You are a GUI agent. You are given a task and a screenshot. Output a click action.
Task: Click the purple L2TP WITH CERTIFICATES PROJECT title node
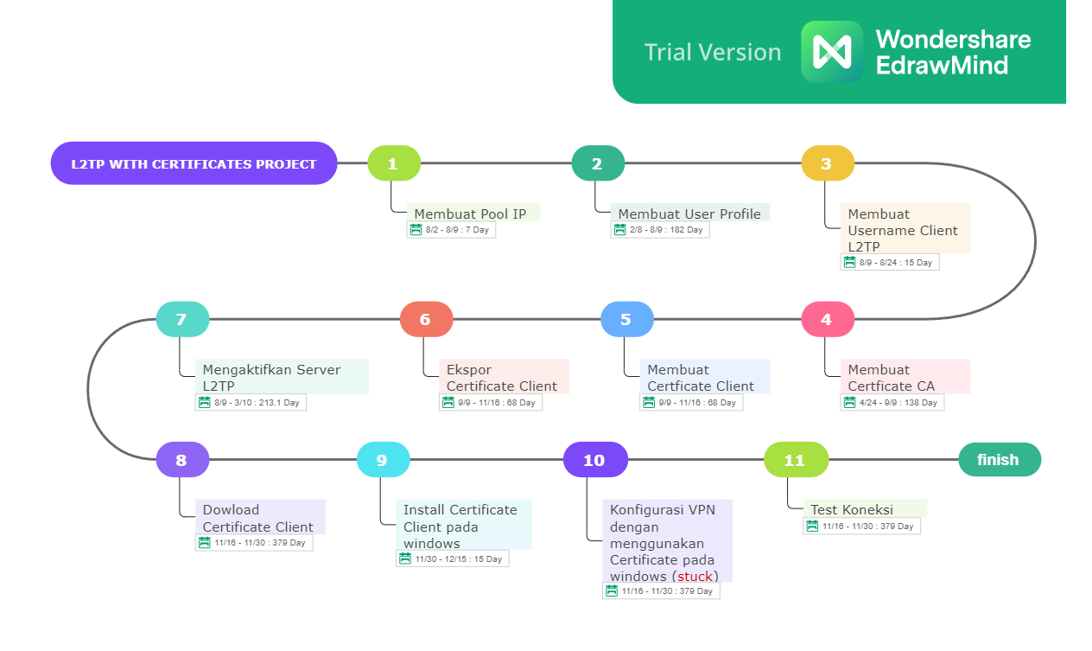(x=194, y=163)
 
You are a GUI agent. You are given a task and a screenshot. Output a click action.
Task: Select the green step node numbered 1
(x=394, y=163)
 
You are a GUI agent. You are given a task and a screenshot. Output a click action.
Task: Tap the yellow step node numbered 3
(x=828, y=163)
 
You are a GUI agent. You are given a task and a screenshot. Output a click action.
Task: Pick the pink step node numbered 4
(x=828, y=319)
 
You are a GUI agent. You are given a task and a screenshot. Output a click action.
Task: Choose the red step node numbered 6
(x=427, y=319)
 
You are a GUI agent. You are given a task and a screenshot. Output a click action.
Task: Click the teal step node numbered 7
(x=183, y=319)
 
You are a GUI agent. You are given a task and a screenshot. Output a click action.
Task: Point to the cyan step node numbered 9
(x=384, y=460)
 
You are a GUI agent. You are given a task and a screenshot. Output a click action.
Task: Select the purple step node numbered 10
(x=596, y=460)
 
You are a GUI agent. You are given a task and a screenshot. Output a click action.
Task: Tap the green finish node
(x=1000, y=460)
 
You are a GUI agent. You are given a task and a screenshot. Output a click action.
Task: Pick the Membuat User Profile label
(x=689, y=213)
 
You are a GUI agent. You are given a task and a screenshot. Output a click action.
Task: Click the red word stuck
(x=695, y=577)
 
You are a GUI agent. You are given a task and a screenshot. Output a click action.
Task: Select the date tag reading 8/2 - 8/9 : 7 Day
(x=451, y=230)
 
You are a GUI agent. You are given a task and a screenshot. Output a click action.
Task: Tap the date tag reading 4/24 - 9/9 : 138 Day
(x=892, y=403)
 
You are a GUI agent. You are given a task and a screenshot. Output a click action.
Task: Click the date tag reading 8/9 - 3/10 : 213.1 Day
(x=251, y=403)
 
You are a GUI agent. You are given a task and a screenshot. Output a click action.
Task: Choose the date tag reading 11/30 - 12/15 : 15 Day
(x=453, y=558)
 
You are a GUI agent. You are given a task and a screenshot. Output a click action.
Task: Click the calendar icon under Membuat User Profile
(x=619, y=229)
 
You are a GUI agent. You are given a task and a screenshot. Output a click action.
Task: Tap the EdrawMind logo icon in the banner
(x=832, y=52)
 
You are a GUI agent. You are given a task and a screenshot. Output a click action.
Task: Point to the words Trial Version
(x=713, y=52)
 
